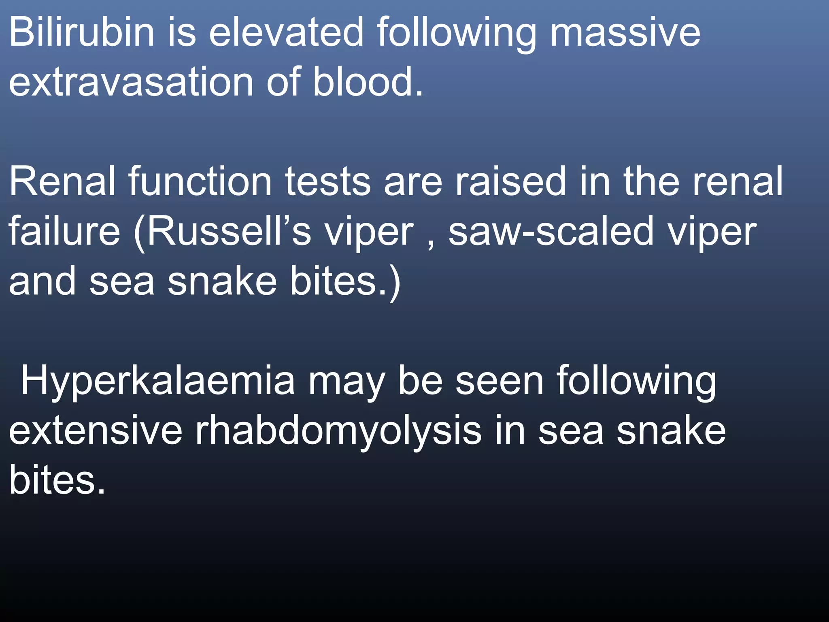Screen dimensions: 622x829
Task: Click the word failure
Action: point(64,231)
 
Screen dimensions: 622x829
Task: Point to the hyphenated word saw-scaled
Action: point(551,231)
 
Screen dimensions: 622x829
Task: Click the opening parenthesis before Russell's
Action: point(139,233)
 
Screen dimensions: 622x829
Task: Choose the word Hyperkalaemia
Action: point(158,381)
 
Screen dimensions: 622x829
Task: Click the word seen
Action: point(500,381)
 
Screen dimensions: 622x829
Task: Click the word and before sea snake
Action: point(43,281)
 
